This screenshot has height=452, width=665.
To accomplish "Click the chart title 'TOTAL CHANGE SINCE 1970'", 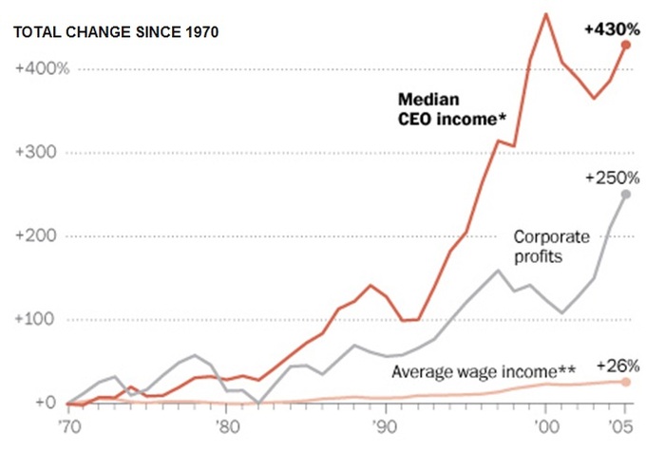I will [x=116, y=32].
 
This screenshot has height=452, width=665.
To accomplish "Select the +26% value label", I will [x=617, y=366].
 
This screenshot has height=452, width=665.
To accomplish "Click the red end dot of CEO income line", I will [x=625, y=45].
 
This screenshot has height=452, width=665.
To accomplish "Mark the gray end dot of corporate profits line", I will [x=625, y=195].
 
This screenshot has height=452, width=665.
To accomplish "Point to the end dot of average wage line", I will [x=625, y=382].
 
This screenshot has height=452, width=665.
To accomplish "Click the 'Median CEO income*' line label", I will [x=450, y=107].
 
